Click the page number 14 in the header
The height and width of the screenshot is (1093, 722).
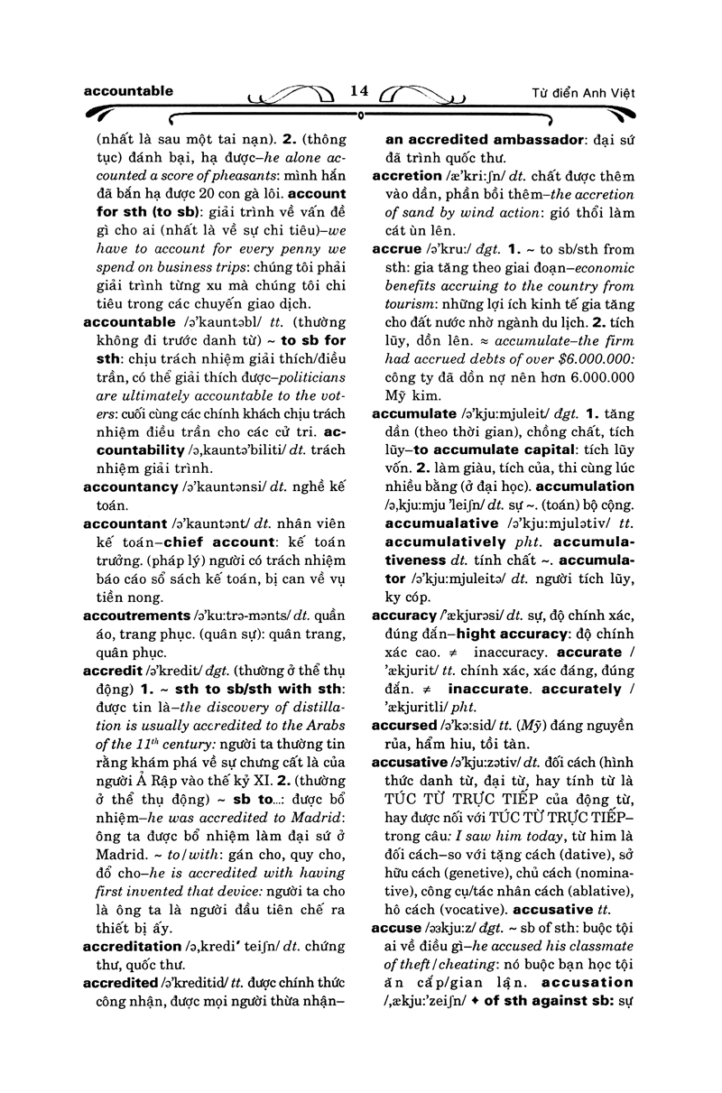point(359,91)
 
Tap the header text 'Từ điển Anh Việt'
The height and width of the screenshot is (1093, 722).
point(585,94)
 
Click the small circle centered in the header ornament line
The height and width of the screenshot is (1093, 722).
point(360,116)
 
